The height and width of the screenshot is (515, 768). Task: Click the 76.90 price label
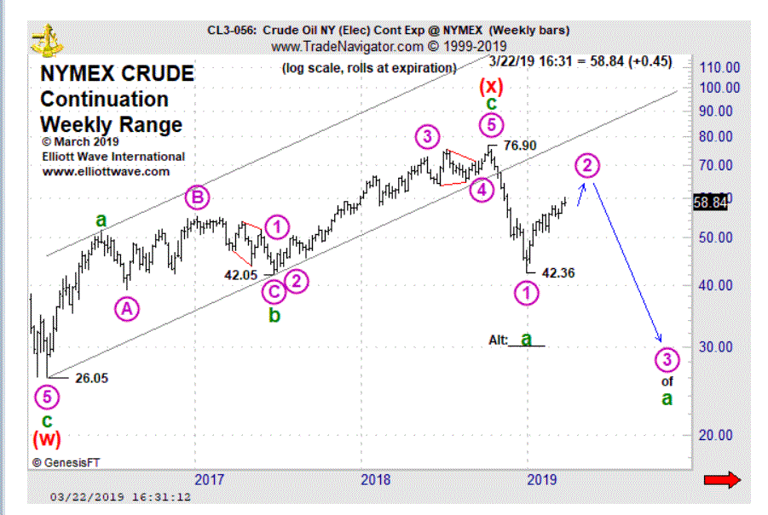pyautogui.click(x=519, y=146)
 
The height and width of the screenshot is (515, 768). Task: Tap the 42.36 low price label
pyautogui.click(x=557, y=273)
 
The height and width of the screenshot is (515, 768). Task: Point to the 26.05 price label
pyautogui.click(x=91, y=379)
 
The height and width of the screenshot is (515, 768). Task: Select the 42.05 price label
pyautogui.click(x=241, y=274)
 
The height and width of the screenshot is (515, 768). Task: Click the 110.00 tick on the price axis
pyautogui.click(x=719, y=67)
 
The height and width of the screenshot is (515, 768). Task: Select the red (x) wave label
pyautogui.click(x=492, y=85)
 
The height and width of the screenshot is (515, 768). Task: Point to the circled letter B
pyautogui.click(x=198, y=198)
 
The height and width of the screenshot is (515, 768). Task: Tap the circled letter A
pyautogui.click(x=126, y=310)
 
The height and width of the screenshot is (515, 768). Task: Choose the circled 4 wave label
pyautogui.click(x=482, y=190)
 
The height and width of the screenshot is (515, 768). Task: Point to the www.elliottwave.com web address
pyautogui.click(x=106, y=171)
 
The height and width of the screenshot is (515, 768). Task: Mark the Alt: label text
pyautogui.click(x=498, y=340)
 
